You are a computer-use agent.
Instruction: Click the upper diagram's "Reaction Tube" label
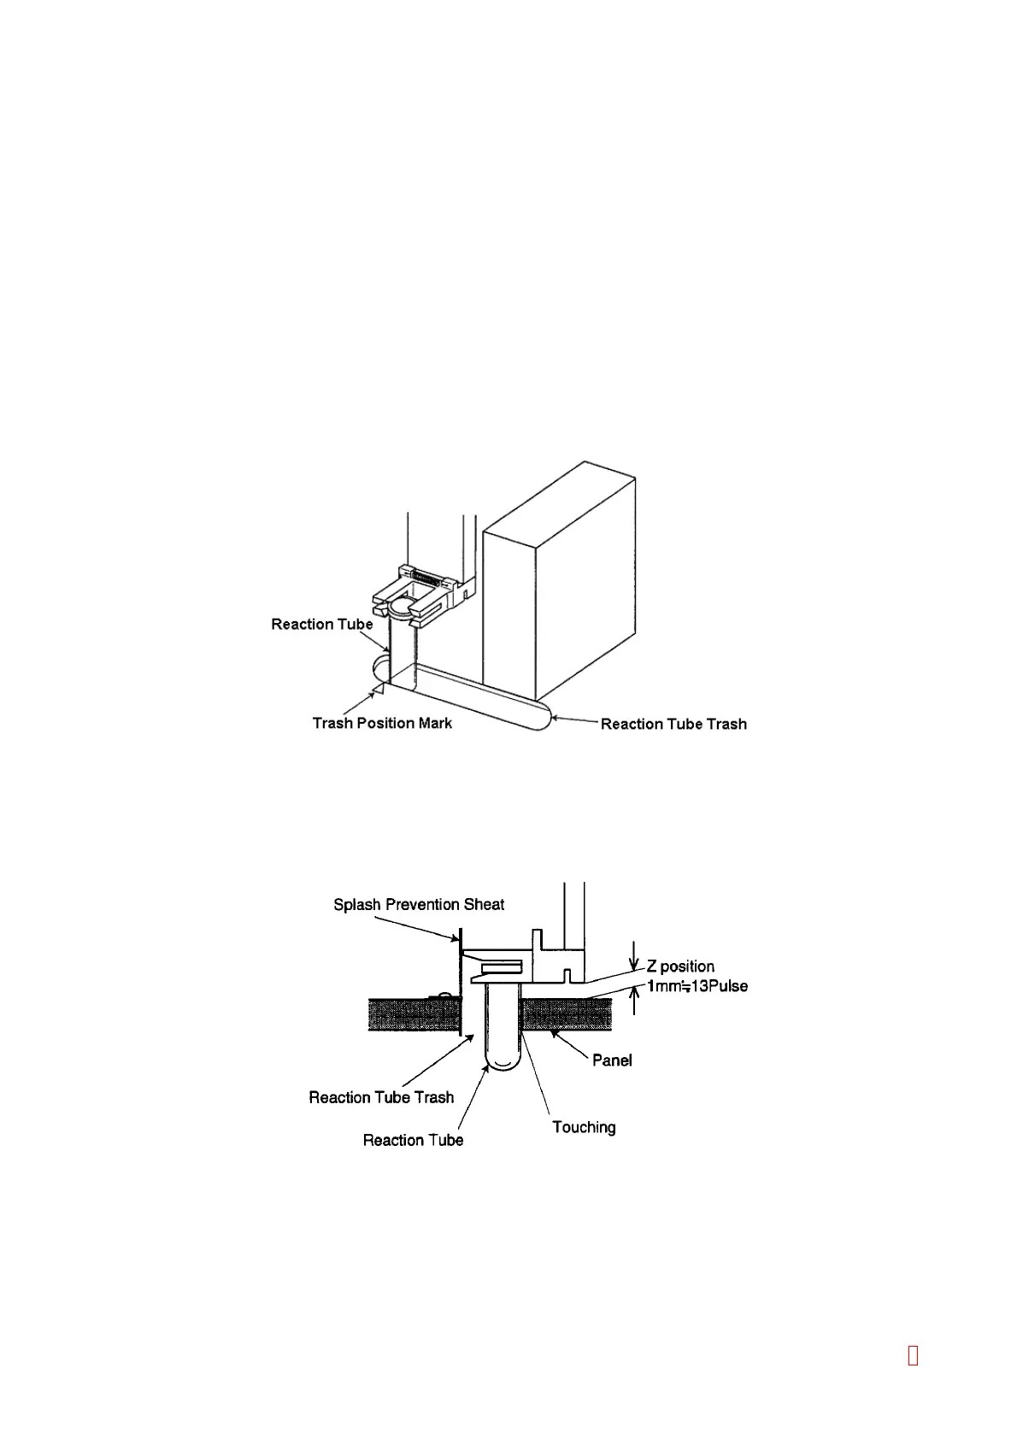pos(322,625)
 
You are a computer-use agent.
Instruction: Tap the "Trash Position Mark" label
pos(382,724)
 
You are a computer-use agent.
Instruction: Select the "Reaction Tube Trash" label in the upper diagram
pos(673,725)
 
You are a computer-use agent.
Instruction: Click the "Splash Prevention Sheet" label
pos(419,905)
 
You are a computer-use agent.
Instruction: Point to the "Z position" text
pos(680,966)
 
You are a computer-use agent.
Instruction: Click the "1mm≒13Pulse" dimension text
pos(697,986)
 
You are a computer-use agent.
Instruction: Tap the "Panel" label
pos(612,1060)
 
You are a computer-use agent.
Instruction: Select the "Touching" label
pos(584,1128)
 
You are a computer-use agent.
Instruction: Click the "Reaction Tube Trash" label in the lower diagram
pos(381,1097)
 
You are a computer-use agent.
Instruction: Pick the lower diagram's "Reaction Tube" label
pos(413,1141)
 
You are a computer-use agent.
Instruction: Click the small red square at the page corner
pos(913,1355)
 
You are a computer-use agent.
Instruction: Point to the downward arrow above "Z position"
pos(633,955)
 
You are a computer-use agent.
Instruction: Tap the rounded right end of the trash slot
pos(541,716)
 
